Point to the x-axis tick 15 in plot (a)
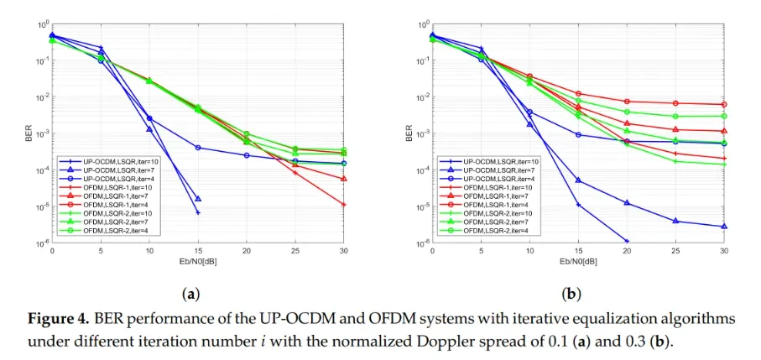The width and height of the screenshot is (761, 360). click(198, 251)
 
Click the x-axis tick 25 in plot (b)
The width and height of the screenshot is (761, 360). click(675, 251)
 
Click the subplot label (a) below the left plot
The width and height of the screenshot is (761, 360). click(190, 295)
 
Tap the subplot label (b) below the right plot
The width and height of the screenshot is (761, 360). click(571, 295)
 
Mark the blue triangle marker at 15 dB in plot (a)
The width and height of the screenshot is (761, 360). click(198, 199)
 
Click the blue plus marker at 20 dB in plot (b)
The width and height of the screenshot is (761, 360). click(627, 242)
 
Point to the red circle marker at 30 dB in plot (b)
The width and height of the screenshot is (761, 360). click(724, 105)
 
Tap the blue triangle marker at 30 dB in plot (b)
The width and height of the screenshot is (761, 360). click(724, 227)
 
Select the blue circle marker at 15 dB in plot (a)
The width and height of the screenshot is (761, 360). click(198, 148)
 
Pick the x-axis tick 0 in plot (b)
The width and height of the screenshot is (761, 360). click(432, 251)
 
